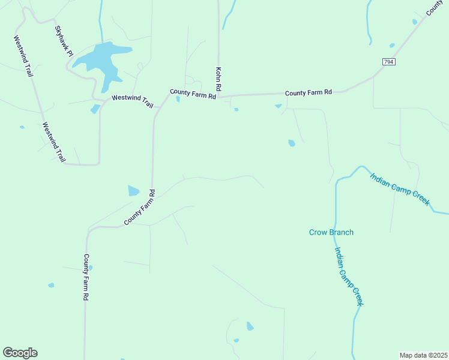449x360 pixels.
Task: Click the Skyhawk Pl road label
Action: (64, 41)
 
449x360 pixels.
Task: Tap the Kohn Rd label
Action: (219, 79)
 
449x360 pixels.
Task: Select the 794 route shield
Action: (389, 62)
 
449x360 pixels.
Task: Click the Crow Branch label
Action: (331, 232)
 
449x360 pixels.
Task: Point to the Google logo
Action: (20, 353)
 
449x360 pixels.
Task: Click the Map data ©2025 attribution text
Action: (423, 355)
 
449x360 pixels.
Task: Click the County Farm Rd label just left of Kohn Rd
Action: (192, 94)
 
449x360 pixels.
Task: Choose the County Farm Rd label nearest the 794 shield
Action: (309, 92)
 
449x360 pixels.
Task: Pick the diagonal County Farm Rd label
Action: (140, 208)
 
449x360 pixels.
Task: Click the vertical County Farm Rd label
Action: (86, 277)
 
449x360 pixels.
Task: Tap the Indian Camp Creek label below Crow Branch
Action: (349, 277)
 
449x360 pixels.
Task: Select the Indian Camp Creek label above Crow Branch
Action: (400, 189)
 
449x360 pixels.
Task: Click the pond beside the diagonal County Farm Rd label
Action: (133, 191)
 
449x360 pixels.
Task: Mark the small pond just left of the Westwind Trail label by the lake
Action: (95, 109)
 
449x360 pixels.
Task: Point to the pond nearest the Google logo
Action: (51, 285)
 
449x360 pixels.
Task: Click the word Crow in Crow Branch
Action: (318, 232)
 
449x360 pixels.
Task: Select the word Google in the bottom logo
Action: (20, 353)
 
